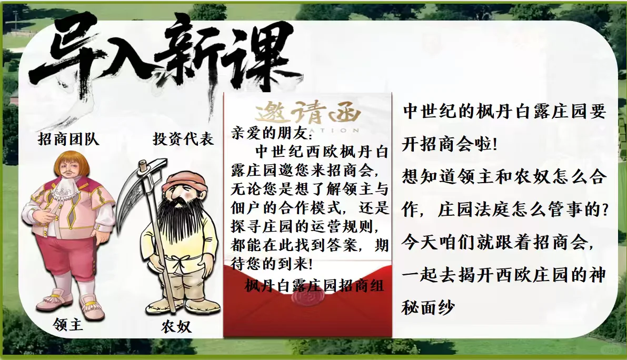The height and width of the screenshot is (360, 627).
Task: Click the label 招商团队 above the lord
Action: (x=68, y=139)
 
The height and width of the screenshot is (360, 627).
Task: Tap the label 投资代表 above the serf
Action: (x=183, y=139)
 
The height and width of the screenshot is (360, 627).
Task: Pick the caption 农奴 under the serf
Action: (x=176, y=327)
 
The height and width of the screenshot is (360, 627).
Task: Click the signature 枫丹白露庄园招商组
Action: (x=314, y=286)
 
